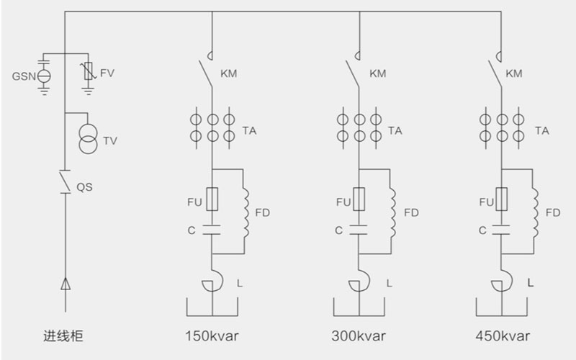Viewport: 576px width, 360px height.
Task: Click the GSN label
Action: (x=23, y=75)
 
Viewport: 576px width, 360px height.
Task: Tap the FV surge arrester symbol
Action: (x=88, y=71)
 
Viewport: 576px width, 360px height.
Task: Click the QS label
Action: (x=84, y=186)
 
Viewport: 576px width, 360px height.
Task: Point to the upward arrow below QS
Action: (x=66, y=284)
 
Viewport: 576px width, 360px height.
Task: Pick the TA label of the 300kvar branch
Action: (x=395, y=130)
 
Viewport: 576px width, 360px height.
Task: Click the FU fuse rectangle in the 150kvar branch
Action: (x=212, y=200)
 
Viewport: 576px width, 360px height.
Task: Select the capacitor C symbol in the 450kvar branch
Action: (x=500, y=230)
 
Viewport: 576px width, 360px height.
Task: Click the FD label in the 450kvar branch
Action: (x=553, y=212)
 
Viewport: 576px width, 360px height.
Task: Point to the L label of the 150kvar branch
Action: (x=239, y=283)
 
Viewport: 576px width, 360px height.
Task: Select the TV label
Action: (x=109, y=140)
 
